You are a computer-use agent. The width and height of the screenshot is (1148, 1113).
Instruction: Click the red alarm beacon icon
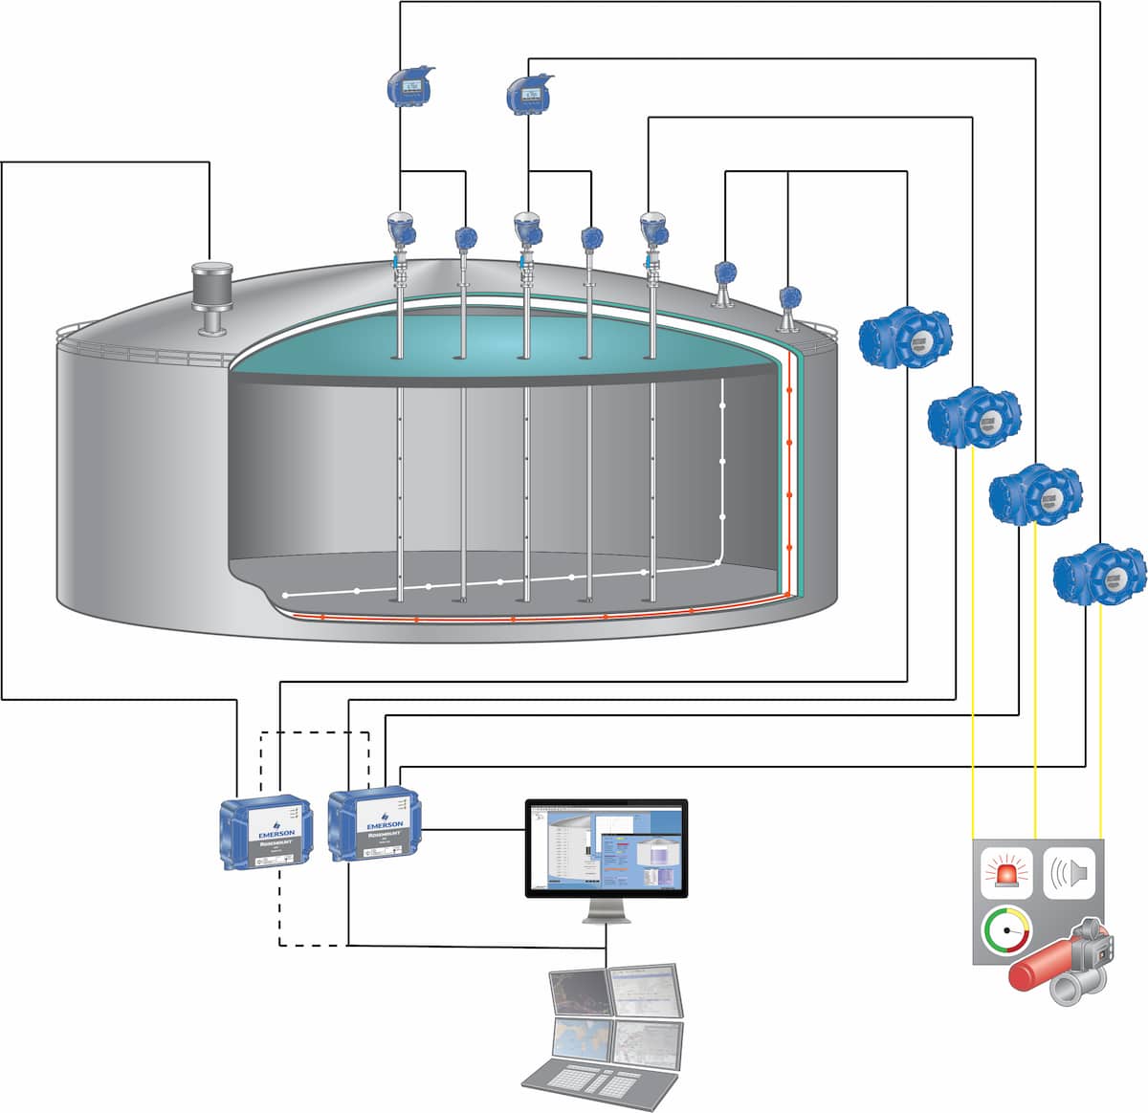point(1007,871)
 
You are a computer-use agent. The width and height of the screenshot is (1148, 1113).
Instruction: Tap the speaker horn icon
point(1069,872)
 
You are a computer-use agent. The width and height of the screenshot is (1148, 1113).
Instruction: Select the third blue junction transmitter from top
point(1035,493)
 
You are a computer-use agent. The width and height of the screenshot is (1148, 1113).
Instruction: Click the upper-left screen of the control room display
point(578,995)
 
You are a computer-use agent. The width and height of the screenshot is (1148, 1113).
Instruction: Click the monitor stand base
point(607,917)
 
